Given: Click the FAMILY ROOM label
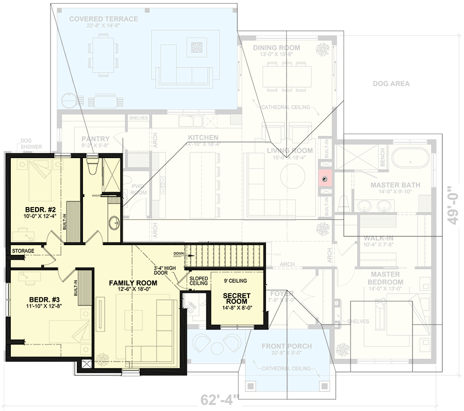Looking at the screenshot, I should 133,283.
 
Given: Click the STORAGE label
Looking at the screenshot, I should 24,251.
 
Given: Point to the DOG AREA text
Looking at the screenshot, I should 391,83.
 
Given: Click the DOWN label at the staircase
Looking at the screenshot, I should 178,253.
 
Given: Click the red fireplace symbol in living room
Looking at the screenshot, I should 325,179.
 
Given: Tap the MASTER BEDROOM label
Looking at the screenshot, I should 386,278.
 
